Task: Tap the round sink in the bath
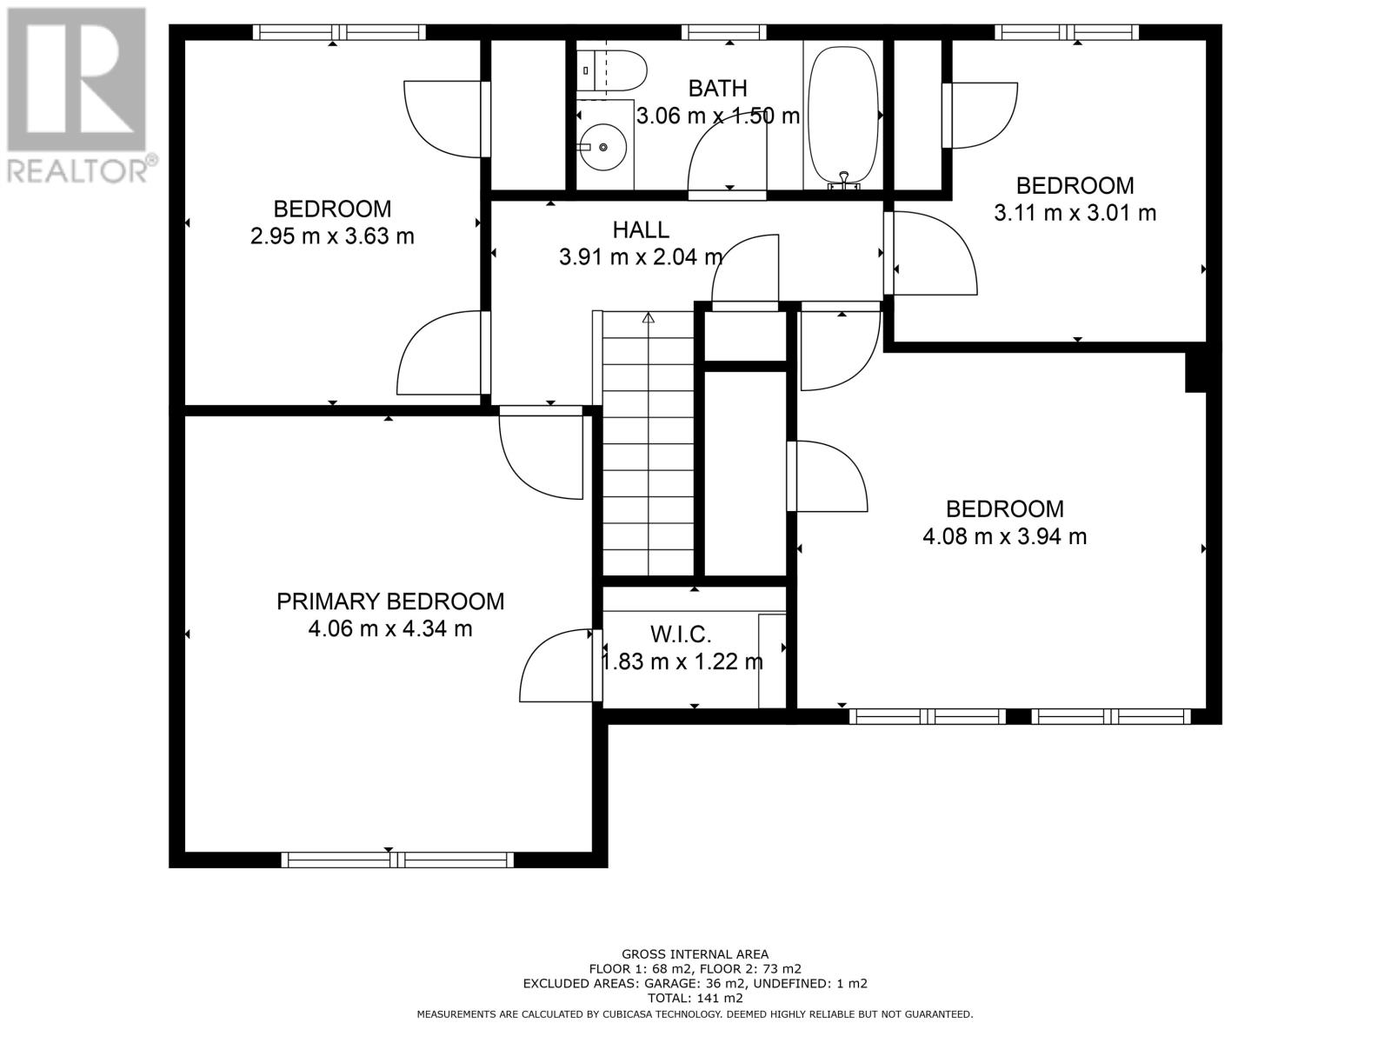tap(603, 147)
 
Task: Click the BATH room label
tap(717, 89)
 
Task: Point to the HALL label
tap(641, 229)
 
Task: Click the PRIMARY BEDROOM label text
tap(390, 601)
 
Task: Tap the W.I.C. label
tap(681, 634)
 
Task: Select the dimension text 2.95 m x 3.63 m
tap(332, 236)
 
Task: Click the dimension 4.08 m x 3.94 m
tap(1004, 536)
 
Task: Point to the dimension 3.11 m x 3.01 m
tap(1075, 213)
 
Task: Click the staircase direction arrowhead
tap(648, 318)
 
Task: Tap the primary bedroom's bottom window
tap(397, 860)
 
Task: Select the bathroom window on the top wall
tap(723, 32)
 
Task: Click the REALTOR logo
tap(77, 95)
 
